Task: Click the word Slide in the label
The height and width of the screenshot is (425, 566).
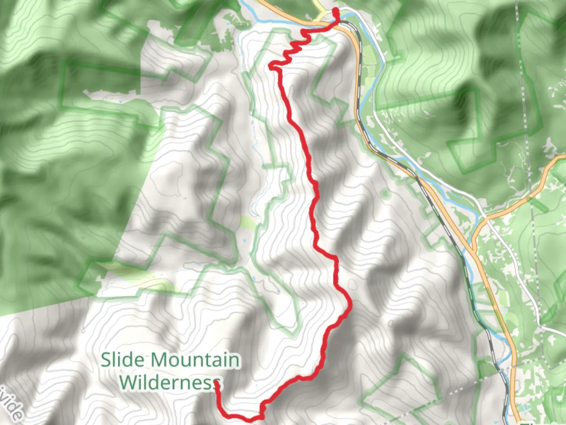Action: (x=123, y=360)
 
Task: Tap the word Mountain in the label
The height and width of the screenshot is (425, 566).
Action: (x=195, y=360)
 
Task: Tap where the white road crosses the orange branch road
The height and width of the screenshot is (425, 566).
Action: (x=487, y=217)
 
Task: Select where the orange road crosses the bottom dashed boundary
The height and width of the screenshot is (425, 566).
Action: (x=512, y=366)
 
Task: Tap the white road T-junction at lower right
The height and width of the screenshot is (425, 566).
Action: (x=542, y=326)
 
